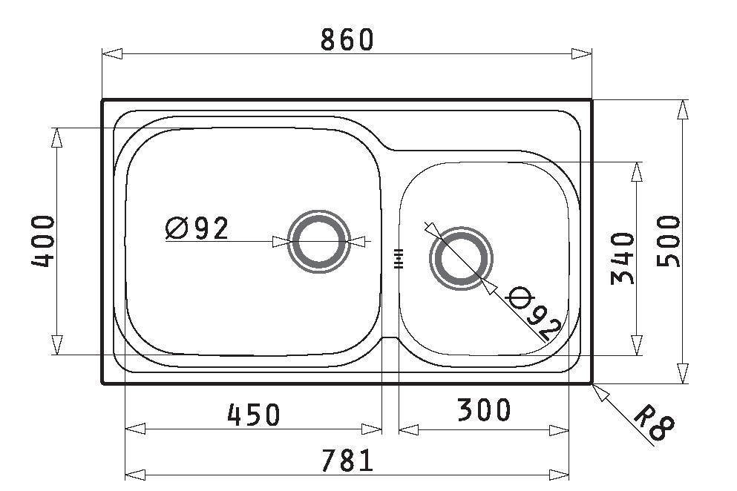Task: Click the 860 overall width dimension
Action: click(x=347, y=39)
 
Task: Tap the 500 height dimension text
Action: click(x=669, y=241)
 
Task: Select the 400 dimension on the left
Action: click(x=43, y=241)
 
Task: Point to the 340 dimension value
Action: click(x=622, y=258)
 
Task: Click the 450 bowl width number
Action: click(x=254, y=415)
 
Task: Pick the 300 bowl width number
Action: click(x=484, y=409)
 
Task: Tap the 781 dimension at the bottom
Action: click(x=347, y=461)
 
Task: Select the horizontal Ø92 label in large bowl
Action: click(x=197, y=228)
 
